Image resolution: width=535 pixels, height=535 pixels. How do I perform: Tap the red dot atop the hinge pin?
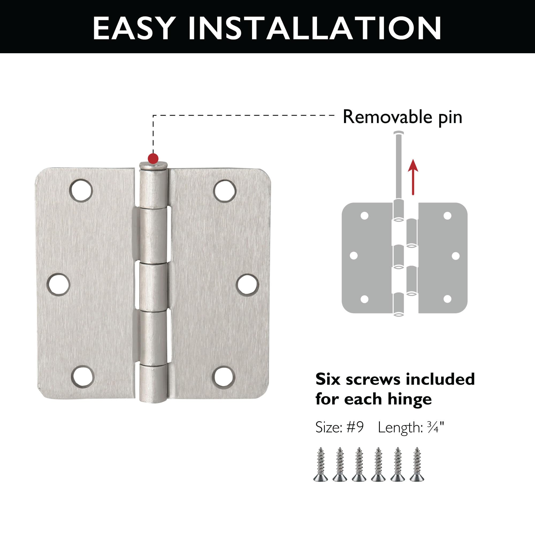coord(153,159)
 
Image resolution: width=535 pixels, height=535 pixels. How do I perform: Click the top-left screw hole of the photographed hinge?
coord(81,190)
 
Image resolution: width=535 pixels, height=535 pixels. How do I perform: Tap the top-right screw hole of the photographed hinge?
coord(225,191)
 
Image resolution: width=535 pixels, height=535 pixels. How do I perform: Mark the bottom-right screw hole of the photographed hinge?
coord(224,377)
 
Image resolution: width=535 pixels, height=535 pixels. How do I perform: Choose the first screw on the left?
coord(321,464)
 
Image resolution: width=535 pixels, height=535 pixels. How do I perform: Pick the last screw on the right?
coord(417,464)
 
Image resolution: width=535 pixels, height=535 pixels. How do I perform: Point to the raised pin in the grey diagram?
coord(399,166)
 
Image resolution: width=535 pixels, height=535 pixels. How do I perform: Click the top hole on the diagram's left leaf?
coord(364,216)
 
